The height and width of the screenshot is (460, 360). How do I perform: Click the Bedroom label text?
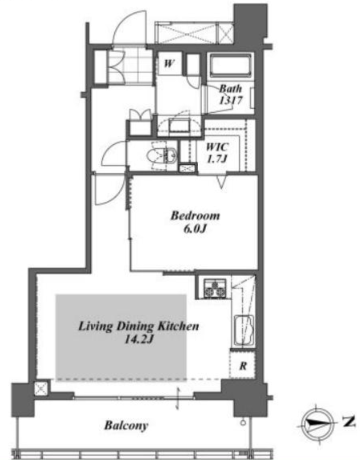pyautogui.click(x=195, y=216)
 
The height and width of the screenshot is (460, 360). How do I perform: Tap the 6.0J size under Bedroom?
pyautogui.click(x=195, y=229)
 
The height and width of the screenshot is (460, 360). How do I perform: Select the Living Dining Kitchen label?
pyautogui.click(x=139, y=327)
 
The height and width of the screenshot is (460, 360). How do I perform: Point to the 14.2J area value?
pyautogui.click(x=139, y=340)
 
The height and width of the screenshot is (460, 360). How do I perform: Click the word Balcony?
pyautogui.click(x=126, y=425)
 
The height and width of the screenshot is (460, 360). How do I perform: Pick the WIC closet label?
pyautogui.click(x=218, y=147)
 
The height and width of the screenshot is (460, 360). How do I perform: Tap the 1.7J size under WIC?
pyautogui.click(x=218, y=159)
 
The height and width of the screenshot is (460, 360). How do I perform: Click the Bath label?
pyautogui.click(x=230, y=88)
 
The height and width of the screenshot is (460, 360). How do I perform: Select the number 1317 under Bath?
pyautogui.click(x=231, y=100)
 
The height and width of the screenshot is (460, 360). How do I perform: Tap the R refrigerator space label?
pyautogui.click(x=243, y=366)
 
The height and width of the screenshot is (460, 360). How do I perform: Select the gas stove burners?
pyautogui.click(x=215, y=288)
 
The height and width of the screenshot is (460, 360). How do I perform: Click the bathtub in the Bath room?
pyautogui.click(x=231, y=65)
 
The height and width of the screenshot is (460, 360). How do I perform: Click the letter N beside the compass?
pyautogui.click(x=349, y=422)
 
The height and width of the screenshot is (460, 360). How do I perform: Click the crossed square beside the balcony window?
pyautogui.click(x=41, y=389)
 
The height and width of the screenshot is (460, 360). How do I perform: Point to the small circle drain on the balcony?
pyautogui.click(x=243, y=423)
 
